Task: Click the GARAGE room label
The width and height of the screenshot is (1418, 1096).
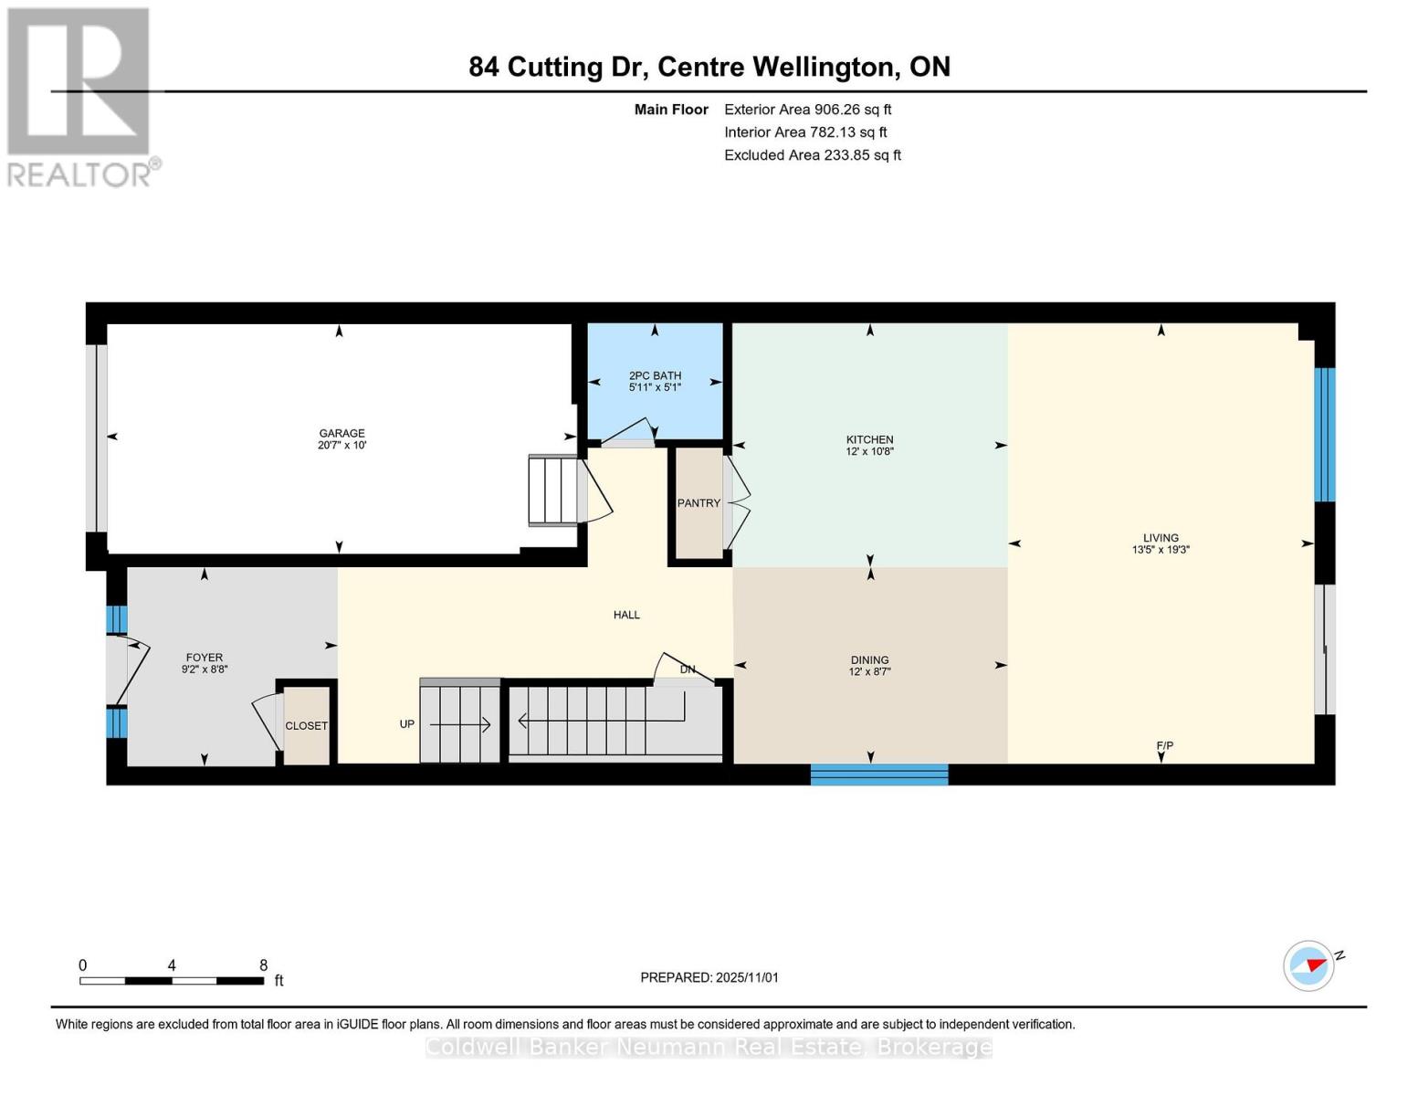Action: pyautogui.click(x=341, y=433)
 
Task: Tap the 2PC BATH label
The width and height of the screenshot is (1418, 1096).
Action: pyautogui.click(x=655, y=375)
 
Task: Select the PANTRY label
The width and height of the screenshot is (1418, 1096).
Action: pyautogui.click(x=698, y=503)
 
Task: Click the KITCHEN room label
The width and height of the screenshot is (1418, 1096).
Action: pyautogui.click(x=869, y=439)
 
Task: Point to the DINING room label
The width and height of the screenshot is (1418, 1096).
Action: pyautogui.click(x=869, y=659)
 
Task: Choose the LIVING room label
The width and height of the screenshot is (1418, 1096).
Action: pyautogui.click(x=1161, y=538)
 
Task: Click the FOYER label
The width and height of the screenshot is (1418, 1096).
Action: pyautogui.click(x=204, y=658)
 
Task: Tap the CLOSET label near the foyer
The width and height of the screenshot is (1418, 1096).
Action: pyautogui.click(x=306, y=726)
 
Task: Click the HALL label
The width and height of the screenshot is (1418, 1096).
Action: pyautogui.click(x=626, y=615)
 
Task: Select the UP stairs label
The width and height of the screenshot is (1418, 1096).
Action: pyautogui.click(x=407, y=724)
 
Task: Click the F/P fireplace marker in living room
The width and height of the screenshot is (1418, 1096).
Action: pyautogui.click(x=1164, y=746)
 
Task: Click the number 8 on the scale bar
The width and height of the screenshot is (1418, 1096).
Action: pyautogui.click(x=264, y=965)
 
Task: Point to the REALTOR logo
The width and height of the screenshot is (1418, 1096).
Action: pyautogui.click(x=81, y=96)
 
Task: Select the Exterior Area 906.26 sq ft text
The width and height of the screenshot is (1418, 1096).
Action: pyautogui.click(x=807, y=110)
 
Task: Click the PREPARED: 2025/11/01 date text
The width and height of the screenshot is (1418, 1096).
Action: pyautogui.click(x=709, y=977)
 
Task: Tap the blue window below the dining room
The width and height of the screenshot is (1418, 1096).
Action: pyautogui.click(x=879, y=775)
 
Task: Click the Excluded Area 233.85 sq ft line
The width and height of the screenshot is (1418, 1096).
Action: pyautogui.click(x=812, y=155)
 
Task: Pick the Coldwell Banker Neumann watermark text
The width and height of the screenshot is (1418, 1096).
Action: pyautogui.click(x=709, y=1047)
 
